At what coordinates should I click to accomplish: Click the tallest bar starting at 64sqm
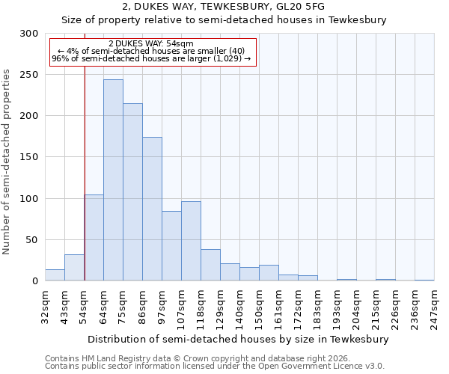[x=113, y=180]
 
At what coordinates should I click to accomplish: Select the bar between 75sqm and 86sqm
[x=132, y=192]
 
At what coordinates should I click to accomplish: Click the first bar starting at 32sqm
[x=55, y=275]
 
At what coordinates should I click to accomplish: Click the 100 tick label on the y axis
[x=28, y=199]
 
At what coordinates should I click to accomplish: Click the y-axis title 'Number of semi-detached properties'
[x=7, y=162]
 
